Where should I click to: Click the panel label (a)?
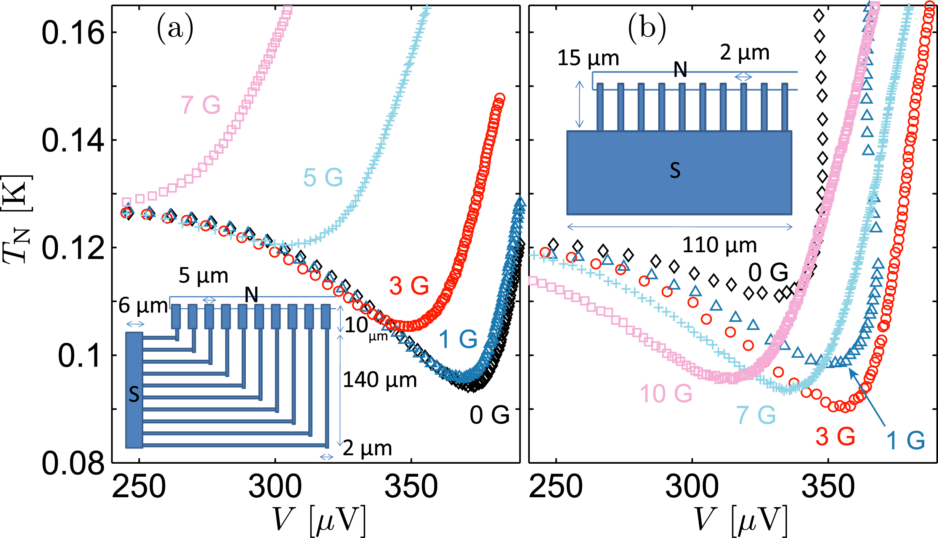pos(175,28)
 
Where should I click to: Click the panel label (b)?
pos(647,28)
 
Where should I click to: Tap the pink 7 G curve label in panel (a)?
pos(200,105)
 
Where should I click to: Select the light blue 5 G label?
pos(323,178)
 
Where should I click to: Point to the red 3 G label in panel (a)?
pos(409,286)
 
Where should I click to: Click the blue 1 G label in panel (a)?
pos(458,339)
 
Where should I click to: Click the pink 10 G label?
pos(665,394)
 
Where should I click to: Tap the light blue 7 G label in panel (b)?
pos(756,415)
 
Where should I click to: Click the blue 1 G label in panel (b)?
pos(906,441)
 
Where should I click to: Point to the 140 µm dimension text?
pos(380,380)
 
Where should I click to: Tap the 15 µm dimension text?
pos(588,58)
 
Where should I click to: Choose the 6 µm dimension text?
pos(143,306)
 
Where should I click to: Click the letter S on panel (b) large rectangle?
pos(675,170)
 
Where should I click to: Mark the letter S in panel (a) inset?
pos(134,394)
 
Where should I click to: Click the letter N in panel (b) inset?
pos(680,69)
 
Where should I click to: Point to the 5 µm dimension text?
pos(203,275)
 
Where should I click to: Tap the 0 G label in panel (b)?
pos(768,272)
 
